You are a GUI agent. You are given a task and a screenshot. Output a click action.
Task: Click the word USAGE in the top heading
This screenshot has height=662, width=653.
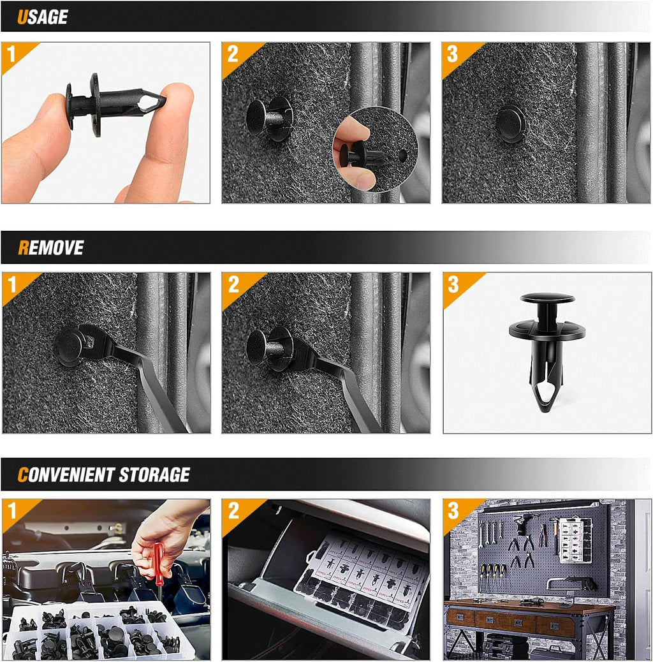tap(42, 17)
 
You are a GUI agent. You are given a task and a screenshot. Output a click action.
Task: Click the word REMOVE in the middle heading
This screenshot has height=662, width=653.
tap(50, 247)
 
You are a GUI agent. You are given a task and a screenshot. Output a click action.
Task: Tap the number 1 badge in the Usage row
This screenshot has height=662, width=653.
tap(11, 54)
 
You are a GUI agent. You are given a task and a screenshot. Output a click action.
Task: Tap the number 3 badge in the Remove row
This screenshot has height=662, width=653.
tap(453, 284)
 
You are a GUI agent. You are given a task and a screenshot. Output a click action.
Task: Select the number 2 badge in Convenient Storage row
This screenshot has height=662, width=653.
tap(233, 511)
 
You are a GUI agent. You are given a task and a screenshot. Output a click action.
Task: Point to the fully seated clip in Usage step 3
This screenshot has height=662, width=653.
tap(511, 124)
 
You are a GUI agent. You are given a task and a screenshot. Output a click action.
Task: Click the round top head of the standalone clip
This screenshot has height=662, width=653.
tap(547, 298)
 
